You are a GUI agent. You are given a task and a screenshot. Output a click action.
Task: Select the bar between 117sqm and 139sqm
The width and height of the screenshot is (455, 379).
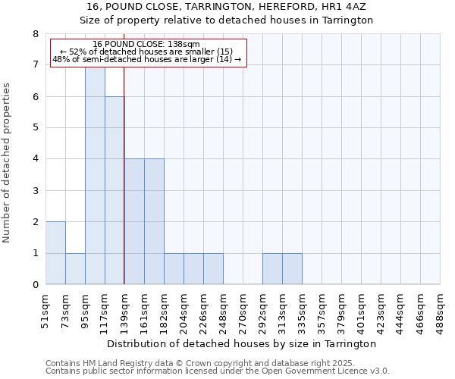[x=115, y=190]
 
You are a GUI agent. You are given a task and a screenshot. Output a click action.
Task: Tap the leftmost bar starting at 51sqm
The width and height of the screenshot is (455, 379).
[x=55, y=253]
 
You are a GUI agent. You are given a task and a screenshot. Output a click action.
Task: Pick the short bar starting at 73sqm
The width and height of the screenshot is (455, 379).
[x=75, y=269]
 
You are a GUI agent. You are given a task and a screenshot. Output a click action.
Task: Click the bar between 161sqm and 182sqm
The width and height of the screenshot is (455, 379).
[x=154, y=221]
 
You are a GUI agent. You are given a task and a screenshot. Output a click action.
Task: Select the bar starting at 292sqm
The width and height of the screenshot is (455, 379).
[x=272, y=269]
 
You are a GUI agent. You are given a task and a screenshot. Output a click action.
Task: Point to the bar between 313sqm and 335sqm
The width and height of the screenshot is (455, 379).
[x=292, y=269]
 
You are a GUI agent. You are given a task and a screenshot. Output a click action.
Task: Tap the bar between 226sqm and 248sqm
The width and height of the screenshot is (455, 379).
[x=213, y=269]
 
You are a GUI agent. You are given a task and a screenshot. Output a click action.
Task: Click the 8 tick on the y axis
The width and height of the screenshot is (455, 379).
[x=35, y=34]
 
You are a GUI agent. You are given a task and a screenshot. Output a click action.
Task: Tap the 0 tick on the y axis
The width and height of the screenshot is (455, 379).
[x=35, y=285]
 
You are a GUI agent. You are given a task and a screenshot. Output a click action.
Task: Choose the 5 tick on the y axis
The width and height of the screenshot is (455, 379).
[x=35, y=128]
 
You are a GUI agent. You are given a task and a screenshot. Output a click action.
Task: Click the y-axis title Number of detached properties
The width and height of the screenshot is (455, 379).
[x=7, y=163]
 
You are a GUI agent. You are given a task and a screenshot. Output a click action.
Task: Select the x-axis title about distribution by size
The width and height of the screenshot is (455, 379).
[x=243, y=343]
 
